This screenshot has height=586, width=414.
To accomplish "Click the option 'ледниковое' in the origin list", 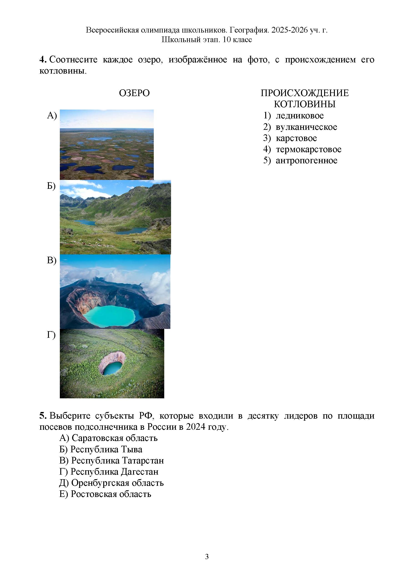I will point(300,116).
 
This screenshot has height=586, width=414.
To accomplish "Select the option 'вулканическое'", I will point(306,127).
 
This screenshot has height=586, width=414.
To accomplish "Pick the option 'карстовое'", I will point(296,138).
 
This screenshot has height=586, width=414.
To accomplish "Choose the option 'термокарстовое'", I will point(308,149).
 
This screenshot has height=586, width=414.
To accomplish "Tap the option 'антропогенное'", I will point(306,161).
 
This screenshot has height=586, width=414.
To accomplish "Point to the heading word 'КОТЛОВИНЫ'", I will point(305,104).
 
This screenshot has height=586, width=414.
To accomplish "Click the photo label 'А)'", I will point(52,116).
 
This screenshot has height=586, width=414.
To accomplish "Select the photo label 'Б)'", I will point(51,186).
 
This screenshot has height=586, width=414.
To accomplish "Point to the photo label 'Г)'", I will point(51,335).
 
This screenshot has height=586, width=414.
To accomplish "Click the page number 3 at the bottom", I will point(207,557).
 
